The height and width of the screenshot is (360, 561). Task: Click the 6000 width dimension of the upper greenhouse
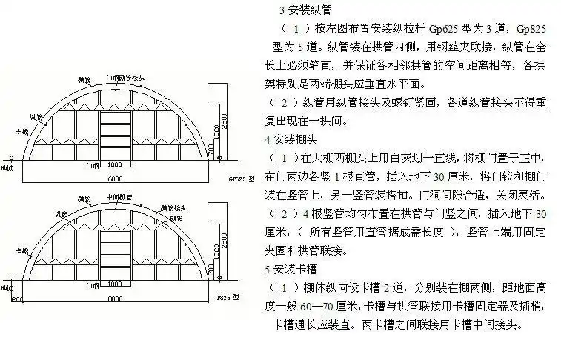click(113, 179)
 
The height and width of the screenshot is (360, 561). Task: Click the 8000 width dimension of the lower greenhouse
click(113, 300)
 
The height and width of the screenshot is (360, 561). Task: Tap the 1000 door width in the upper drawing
click(113, 164)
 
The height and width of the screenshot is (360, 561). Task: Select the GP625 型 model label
click(242, 179)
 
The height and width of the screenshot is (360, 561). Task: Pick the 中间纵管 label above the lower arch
click(115, 197)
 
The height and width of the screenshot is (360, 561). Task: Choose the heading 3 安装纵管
click(305, 10)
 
